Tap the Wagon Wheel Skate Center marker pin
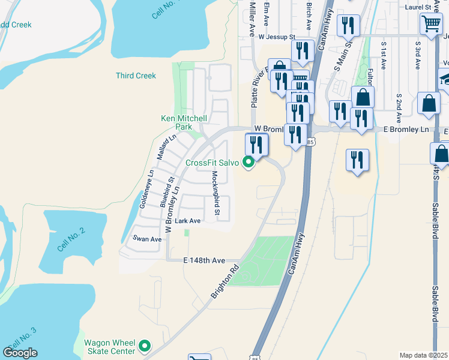pos(145,346)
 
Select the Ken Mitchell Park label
pos(184,122)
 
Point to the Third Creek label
pos(136,76)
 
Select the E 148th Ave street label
pos(204,261)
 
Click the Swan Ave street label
pos(148,239)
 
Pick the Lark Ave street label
pos(187,221)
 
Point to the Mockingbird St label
pos(215,193)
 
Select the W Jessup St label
pos(277,37)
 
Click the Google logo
pos(20,353)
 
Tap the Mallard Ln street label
pos(166,147)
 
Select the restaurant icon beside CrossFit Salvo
pos(257,145)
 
